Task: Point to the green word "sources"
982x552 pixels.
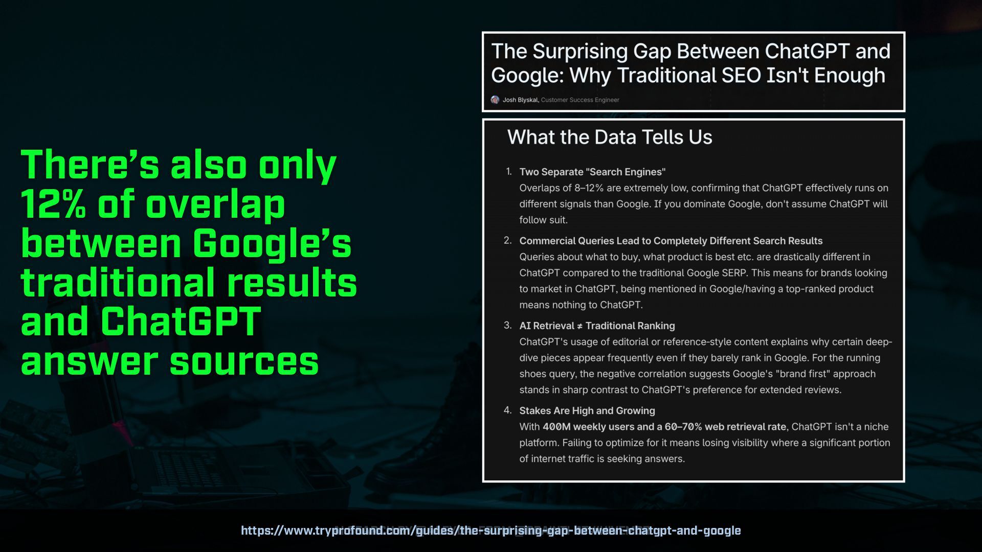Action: (244, 361)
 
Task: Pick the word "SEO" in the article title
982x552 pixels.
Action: (740, 75)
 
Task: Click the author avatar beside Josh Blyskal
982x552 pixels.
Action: (495, 100)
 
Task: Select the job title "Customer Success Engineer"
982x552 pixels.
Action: (580, 100)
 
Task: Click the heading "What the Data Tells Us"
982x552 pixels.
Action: (610, 137)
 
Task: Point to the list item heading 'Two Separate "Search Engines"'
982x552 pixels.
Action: (592, 172)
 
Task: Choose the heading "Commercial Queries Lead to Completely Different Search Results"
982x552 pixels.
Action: (671, 241)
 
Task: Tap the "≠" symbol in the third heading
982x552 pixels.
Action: (579, 326)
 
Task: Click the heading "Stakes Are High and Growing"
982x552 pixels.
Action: (587, 410)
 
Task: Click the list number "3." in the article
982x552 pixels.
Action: (507, 325)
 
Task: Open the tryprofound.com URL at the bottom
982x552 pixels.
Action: (491, 531)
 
